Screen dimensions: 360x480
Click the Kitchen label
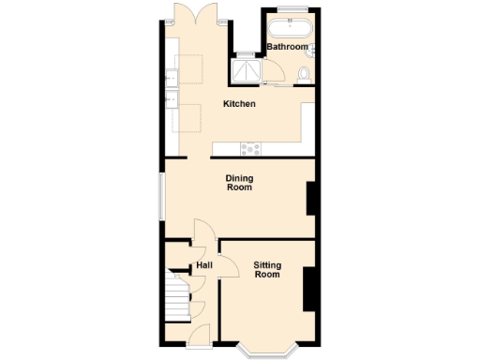(x=239, y=104)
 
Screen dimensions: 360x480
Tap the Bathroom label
(x=287, y=47)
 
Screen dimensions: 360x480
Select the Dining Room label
(x=240, y=183)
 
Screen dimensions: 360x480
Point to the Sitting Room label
(x=267, y=270)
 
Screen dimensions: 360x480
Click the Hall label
(x=204, y=266)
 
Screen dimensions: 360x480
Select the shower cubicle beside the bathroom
(x=248, y=72)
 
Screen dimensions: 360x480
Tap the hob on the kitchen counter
(x=249, y=148)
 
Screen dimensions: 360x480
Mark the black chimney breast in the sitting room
(x=307, y=289)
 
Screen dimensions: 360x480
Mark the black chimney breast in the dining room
(x=311, y=199)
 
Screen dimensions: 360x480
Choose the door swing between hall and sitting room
(x=210, y=255)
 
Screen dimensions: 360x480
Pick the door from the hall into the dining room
(x=202, y=231)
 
